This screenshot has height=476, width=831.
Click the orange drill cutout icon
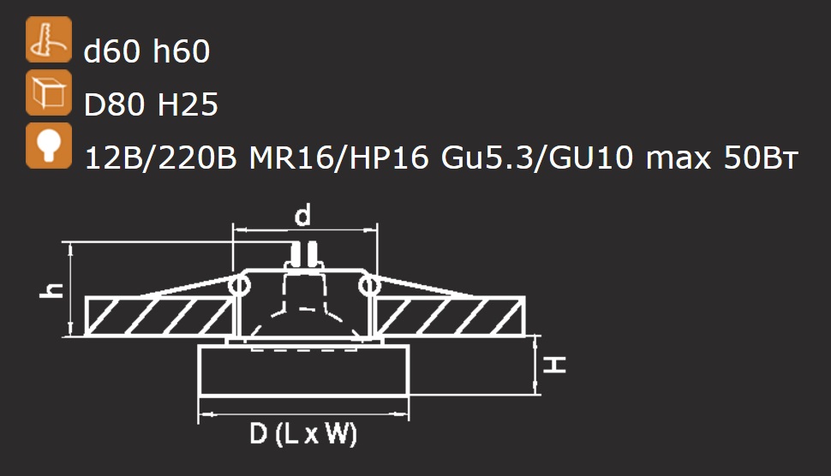click(49, 39)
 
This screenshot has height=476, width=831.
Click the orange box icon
click(49, 92)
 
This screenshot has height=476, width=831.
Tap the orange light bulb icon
click(49, 146)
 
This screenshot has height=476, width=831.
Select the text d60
click(112, 51)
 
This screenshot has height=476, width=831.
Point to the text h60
click(182, 51)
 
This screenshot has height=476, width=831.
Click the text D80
click(114, 104)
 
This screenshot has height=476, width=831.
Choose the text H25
click(188, 104)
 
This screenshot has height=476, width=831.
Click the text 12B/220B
click(160, 158)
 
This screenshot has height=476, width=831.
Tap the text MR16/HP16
click(338, 158)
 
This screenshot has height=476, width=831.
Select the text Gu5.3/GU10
click(537, 158)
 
